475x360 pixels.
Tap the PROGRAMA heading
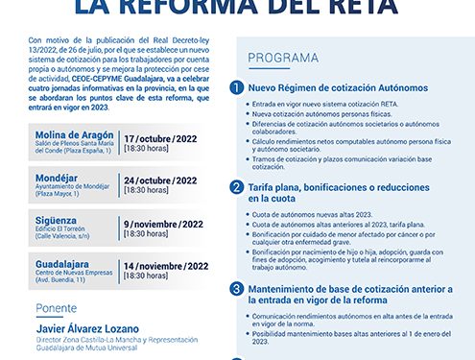278,59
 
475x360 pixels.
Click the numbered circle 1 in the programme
236,87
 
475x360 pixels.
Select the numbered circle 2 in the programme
236,187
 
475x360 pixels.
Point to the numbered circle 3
236,289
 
